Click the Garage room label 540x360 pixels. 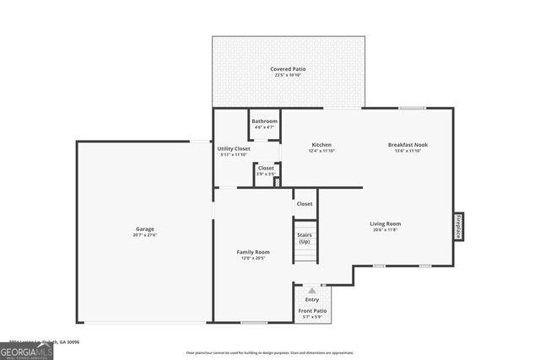145,228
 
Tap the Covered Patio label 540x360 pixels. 288,68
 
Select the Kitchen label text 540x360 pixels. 321,144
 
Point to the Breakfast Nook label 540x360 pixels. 408,144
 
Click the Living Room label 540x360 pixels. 384,223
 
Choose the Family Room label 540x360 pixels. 252,252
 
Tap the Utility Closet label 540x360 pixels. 234,148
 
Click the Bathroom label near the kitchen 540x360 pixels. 264,121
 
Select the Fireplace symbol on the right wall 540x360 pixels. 458,226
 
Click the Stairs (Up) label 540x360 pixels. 304,238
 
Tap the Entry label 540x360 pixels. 312,299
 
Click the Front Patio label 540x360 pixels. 312,311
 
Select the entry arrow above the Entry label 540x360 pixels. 311,290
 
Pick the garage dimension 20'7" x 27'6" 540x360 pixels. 145,235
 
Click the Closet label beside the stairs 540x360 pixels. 304,203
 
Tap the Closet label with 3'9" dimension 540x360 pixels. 266,168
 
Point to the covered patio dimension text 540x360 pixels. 288,75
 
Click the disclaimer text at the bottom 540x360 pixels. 270,352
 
